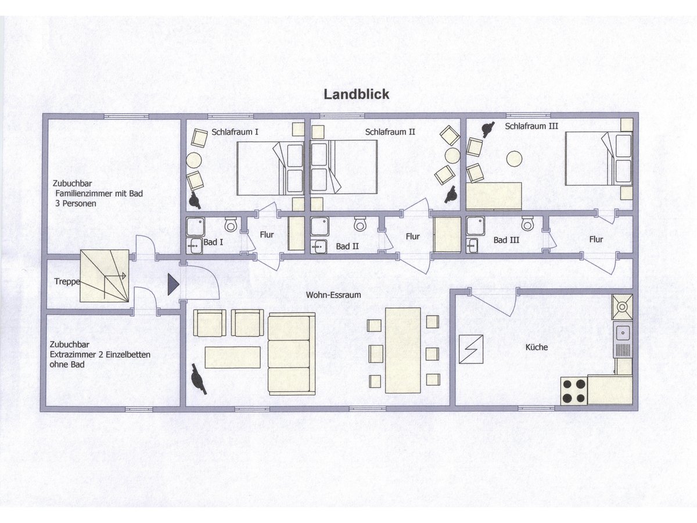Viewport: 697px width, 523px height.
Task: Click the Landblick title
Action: pyautogui.click(x=356, y=94)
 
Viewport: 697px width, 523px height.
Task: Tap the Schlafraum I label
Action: pyautogui.click(x=235, y=132)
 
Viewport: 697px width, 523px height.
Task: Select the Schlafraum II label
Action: pyautogui.click(x=390, y=132)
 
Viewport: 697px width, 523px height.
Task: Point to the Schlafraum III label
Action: pyautogui.click(x=531, y=126)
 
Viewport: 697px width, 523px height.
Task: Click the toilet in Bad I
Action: pyautogui.click(x=231, y=224)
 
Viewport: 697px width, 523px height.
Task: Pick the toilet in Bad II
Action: pyautogui.click(x=360, y=224)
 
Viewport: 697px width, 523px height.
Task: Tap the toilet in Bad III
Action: pyautogui.click(x=527, y=223)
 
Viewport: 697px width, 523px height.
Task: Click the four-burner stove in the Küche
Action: pyautogui.click(x=574, y=391)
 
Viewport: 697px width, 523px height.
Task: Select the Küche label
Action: pyautogui.click(x=536, y=347)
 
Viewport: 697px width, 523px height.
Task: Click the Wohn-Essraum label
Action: pyautogui.click(x=333, y=295)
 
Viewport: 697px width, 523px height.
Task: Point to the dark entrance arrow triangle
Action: pyautogui.click(x=173, y=285)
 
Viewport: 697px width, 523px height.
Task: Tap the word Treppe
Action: pyautogui.click(x=67, y=282)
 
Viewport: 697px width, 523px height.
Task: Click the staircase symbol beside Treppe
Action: pyautogui.click(x=105, y=275)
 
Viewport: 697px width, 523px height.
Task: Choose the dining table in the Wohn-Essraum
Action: pyautogui.click(x=403, y=350)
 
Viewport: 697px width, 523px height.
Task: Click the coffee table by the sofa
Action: pyautogui.click(x=232, y=357)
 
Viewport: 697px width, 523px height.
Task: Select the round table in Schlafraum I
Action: pyautogui.click(x=193, y=160)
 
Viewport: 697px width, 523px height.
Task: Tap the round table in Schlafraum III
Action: pyautogui.click(x=514, y=158)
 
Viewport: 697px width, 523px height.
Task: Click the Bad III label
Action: pyautogui.click(x=506, y=240)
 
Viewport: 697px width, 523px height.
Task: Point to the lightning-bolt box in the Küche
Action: pyautogui.click(x=471, y=349)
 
